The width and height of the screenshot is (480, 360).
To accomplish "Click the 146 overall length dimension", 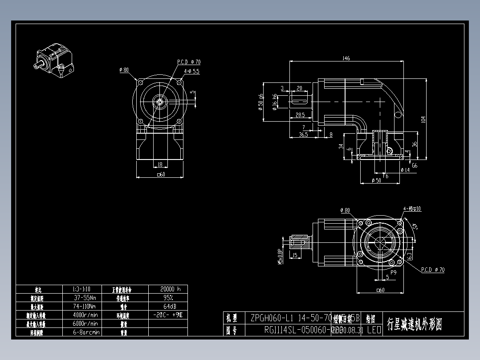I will tap(346, 58).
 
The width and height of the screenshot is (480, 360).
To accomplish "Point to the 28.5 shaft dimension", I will tap(300, 115).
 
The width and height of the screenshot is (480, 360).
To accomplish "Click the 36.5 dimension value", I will tap(303, 134).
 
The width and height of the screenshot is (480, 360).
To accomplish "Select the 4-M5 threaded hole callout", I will tap(412, 209).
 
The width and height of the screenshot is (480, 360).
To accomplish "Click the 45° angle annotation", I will tap(415, 227).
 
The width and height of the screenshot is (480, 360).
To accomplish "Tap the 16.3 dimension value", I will tap(409, 255).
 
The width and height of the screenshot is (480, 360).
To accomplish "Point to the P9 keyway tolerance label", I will tap(393, 272).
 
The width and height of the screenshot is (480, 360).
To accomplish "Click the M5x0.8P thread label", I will tap(280, 256).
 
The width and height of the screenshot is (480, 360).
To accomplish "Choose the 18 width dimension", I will tap(160, 164).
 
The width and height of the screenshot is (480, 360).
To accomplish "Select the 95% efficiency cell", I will tap(168, 297).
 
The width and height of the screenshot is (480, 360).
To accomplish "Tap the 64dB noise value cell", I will tap(168, 306).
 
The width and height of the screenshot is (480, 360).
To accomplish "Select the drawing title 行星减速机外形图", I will tap(414, 324).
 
